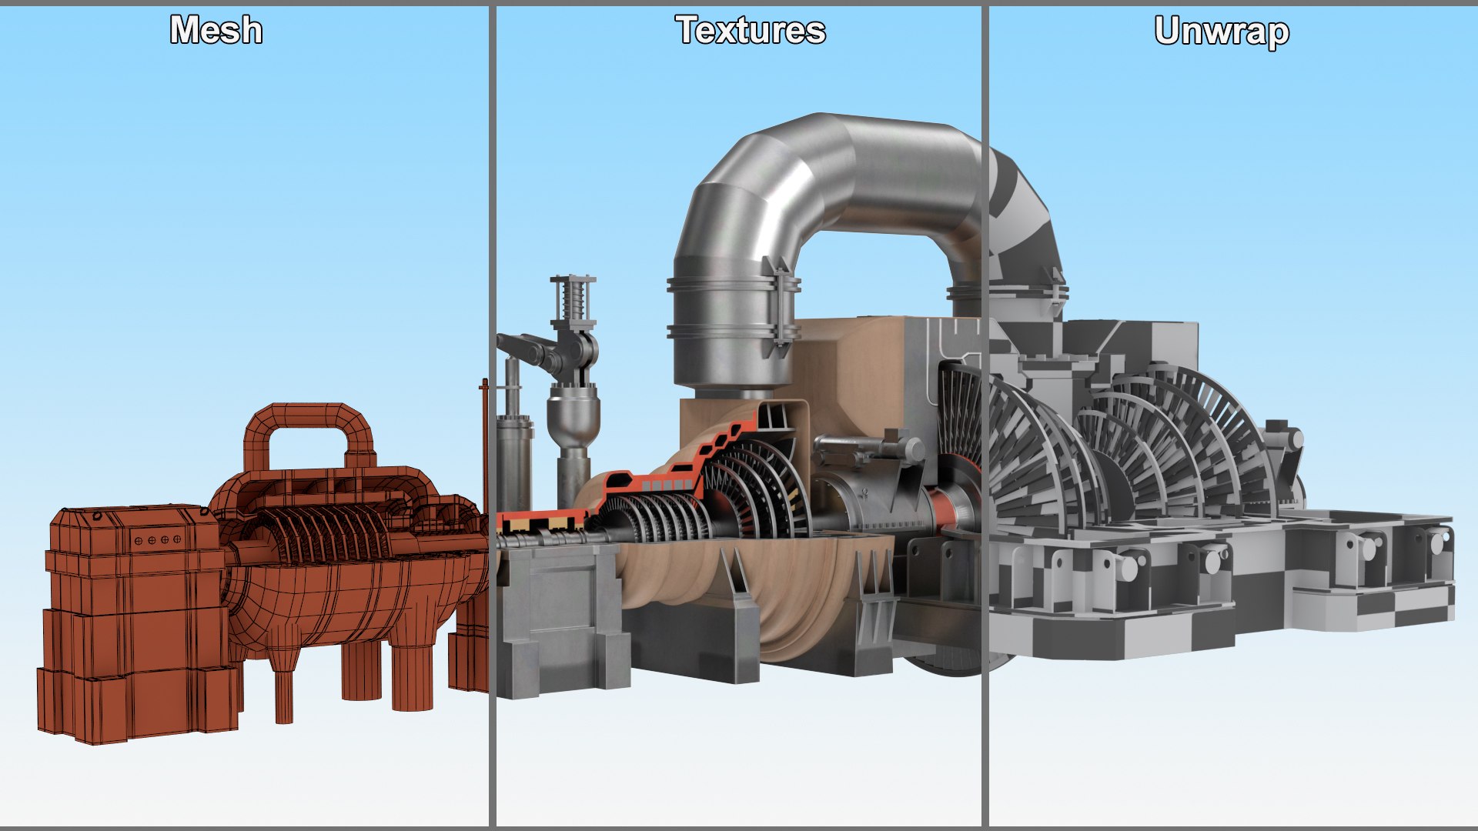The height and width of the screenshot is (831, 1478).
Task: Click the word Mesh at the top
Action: coord(216,31)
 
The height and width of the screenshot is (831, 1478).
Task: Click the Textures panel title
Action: coord(751,31)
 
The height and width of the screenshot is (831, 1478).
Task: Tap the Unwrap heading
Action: coord(1222,32)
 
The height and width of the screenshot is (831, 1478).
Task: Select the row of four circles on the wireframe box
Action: coord(159,540)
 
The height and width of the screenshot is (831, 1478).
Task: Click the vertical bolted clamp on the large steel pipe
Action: coord(781,308)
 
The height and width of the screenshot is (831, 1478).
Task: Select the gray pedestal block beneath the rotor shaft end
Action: coord(558,616)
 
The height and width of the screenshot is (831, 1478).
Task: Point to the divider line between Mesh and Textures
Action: coord(491,415)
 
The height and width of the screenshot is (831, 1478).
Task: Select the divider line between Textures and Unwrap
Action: coord(985,415)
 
